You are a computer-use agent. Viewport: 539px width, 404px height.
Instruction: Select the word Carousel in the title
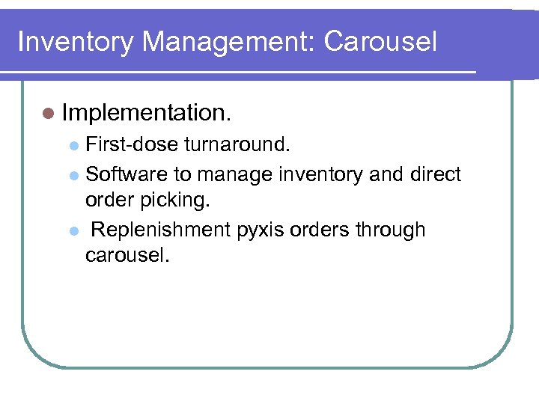click(x=380, y=41)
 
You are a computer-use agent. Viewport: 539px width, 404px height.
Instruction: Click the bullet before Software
click(x=73, y=175)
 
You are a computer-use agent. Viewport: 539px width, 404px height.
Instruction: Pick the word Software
click(x=127, y=174)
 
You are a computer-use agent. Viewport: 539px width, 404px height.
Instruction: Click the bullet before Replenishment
click(x=73, y=230)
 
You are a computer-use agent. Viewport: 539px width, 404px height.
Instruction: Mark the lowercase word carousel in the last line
click(x=127, y=256)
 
